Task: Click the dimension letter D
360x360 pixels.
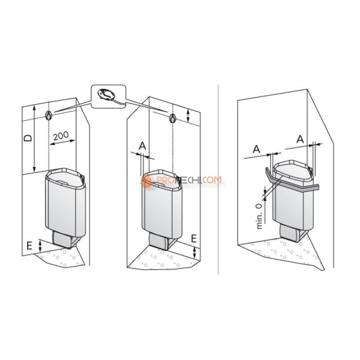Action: pos(28,138)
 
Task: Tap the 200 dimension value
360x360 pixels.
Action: pos(61,136)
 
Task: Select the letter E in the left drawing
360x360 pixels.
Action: pos(29,246)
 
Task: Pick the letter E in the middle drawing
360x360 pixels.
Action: pos(194,239)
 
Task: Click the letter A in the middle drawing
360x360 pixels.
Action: pos(142,146)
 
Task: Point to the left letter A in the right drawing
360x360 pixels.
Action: pos(256,149)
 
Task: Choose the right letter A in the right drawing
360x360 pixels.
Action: pos(300,139)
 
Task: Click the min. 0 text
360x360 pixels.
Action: pos(259,216)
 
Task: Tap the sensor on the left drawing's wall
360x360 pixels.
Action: pos(48,115)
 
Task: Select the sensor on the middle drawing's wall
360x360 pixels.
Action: pos(172,118)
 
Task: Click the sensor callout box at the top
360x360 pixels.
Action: pos(109,97)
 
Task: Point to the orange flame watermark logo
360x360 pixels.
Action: pos(146,180)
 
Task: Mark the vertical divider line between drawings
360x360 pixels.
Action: pos(218,179)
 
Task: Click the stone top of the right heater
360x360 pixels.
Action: pos(292,170)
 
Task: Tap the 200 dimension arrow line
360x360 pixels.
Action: pos(63,142)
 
